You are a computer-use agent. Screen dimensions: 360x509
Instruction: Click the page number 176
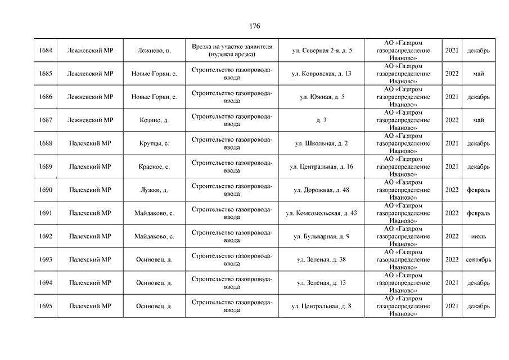click(254, 26)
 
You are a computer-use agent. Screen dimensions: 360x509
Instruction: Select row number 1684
click(46, 51)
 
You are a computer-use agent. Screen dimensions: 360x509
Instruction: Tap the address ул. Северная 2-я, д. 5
click(322, 51)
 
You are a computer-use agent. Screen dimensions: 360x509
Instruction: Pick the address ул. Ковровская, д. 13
click(322, 74)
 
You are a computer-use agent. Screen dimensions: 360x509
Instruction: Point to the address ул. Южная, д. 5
click(322, 97)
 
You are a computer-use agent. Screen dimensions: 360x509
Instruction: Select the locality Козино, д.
click(154, 120)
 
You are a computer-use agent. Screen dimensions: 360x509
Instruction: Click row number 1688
click(46, 143)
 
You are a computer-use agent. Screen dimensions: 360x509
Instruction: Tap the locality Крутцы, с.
click(154, 143)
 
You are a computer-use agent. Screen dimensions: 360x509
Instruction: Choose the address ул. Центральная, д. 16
click(322, 166)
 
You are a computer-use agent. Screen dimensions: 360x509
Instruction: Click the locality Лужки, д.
click(154, 190)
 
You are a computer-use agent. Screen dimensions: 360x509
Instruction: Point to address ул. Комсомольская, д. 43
click(322, 213)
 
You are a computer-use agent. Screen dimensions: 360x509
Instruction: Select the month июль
click(479, 236)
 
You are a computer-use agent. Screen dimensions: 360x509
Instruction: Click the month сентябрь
click(479, 260)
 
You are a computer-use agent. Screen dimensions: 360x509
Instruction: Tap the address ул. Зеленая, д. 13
click(322, 283)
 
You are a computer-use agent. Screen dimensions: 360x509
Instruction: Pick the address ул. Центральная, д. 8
click(322, 306)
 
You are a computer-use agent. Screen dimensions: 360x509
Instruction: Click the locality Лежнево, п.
click(154, 51)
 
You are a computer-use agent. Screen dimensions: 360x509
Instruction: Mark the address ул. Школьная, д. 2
click(322, 143)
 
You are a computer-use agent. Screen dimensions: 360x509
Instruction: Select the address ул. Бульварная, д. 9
click(322, 236)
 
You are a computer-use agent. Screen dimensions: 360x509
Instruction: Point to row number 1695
click(46, 306)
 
